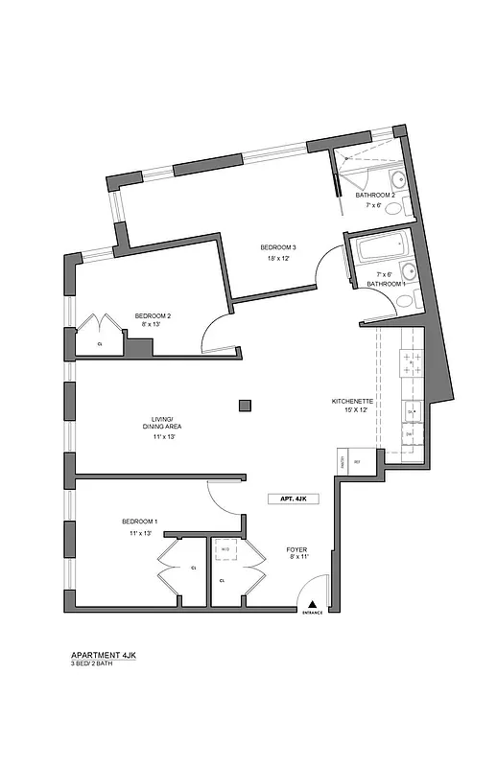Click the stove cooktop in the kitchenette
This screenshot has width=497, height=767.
point(412,363)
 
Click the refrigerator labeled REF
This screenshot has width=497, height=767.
point(358,460)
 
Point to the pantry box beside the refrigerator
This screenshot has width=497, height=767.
point(343,460)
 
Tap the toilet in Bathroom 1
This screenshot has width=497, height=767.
point(405,301)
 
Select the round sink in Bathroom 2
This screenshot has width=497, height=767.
point(396,180)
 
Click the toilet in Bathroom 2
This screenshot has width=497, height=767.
point(404,205)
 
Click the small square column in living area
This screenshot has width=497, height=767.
point(246,405)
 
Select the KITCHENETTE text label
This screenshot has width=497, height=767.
point(351,401)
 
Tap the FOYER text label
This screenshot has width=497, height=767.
point(296,549)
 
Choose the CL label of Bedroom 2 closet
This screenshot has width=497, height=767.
point(100,343)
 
